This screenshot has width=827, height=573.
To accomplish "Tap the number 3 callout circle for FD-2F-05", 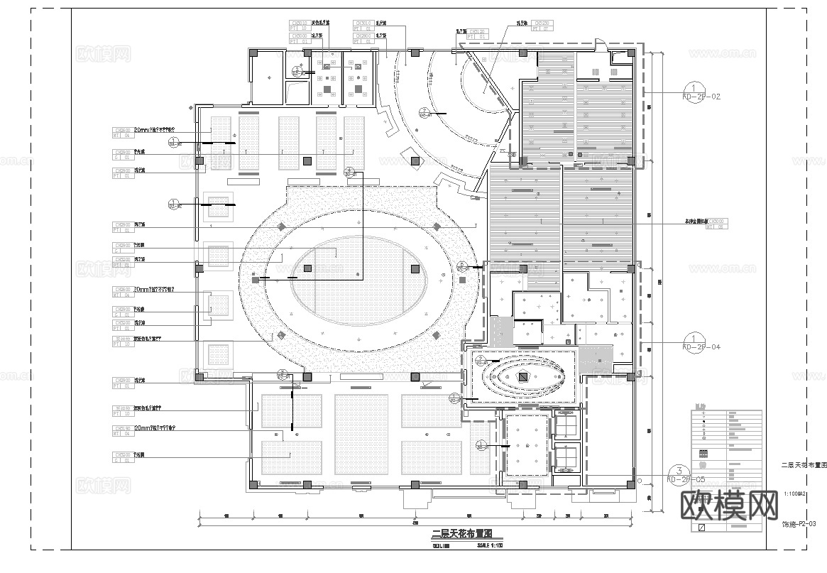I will (x=679, y=471).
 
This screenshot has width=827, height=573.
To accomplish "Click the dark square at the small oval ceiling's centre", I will (x=523, y=378).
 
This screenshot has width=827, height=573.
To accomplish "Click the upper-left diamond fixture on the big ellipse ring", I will (x=280, y=227).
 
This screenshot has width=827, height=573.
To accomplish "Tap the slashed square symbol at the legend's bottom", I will (x=702, y=528).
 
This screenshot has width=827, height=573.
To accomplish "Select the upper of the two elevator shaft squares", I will (x=566, y=425).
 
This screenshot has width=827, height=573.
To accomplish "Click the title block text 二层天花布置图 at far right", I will (x=804, y=465).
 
